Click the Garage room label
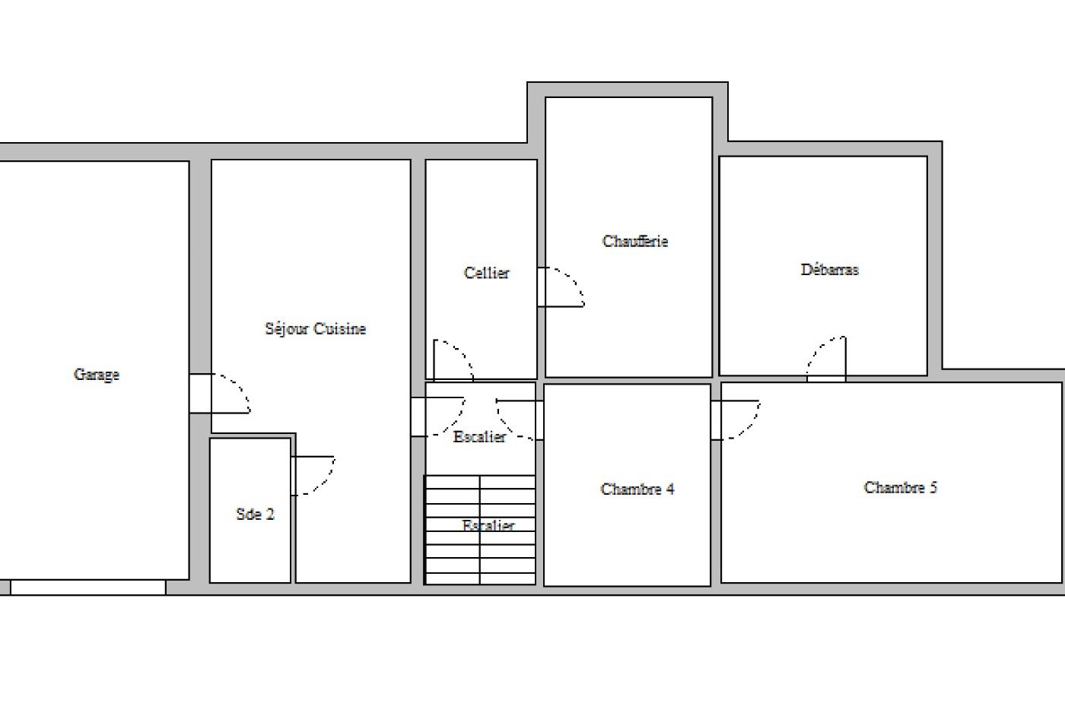(x=97, y=375)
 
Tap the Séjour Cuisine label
(x=315, y=328)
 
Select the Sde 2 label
(x=256, y=514)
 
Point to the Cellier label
(x=486, y=273)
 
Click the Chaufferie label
(x=634, y=242)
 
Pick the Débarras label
(x=830, y=270)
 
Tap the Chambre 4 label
(x=637, y=489)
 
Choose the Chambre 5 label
(x=900, y=487)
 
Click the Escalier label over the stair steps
(x=488, y=525)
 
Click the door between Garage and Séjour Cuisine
(x=220, y=394)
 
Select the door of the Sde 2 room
(x=313, y=476)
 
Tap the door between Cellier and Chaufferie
(x=561, y=287)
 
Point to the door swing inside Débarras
(x=826, y=359)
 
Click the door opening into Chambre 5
(x=736, y=420)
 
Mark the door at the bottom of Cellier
(x=453, y=360)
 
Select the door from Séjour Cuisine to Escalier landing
(x=438, y=416)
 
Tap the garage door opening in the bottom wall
(x=88, y=587)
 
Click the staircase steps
(x=480, y=530)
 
